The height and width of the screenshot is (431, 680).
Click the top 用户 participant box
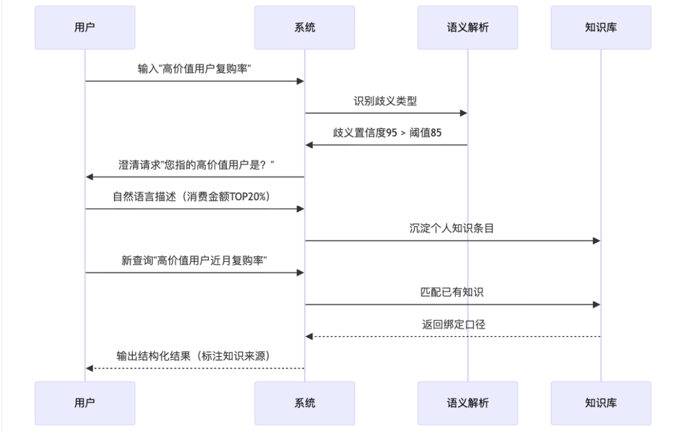click(x=84, y=28)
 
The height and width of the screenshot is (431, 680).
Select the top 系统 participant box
click(x=305, y=28)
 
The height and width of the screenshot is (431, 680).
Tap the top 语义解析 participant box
click(x=467, y=28)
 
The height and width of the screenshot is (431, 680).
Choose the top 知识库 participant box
click(x=601, y=28)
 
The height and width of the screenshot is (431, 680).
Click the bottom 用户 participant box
click(x=84, y=403)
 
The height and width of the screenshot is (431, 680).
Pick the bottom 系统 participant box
click(x=305, y=403)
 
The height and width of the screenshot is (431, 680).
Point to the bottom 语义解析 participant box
click(x=467, y=403)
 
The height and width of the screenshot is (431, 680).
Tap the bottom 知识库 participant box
click(x=601, y=403)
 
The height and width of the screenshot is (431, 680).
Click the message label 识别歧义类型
click(x=385, y=101)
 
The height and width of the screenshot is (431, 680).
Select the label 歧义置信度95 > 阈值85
click(x=387, y=133)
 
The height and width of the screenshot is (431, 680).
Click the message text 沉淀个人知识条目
click(x=451, y=228)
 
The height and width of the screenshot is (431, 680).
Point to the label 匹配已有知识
click(x=451, y=292)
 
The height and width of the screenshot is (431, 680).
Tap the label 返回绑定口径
click(x=451, y=325)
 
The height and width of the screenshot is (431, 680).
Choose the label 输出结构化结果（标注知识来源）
click(x=194, y=356)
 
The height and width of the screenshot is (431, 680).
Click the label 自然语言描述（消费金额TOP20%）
click(x=194, y=196)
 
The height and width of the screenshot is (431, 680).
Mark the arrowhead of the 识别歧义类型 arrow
click(x=464, y=113)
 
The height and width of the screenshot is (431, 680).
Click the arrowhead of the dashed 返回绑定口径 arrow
click(x=309, y=337)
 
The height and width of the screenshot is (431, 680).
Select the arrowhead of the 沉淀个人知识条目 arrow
click(x=597, y=240)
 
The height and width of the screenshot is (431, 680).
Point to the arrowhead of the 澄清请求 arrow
click(x=89, y=177)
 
